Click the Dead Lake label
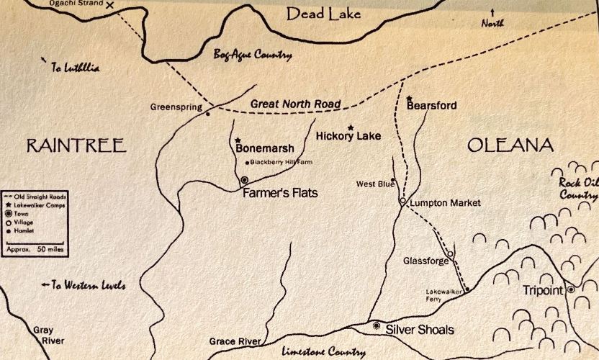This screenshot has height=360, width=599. coord(324,13)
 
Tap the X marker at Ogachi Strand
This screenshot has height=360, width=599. coord(110,5)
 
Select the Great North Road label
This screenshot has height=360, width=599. coord(295,104)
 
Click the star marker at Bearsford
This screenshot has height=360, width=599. coord(409,98)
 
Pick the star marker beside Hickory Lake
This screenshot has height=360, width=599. coord(351,127)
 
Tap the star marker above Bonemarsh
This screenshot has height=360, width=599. coord(237,140)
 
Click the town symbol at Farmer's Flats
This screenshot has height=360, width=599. coord(244,180)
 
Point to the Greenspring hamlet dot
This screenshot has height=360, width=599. coord(208,113)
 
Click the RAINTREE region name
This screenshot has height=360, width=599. coord(76,146)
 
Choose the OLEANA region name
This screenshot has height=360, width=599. coord(510,146)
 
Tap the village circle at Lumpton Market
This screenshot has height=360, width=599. coord(402,202)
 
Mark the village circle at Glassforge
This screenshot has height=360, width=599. coord(449,253)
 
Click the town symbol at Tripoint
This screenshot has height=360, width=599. coord(570,289)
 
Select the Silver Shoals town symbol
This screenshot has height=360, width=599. coord(377,325)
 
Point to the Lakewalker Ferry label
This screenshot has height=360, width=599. coord(441,295)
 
